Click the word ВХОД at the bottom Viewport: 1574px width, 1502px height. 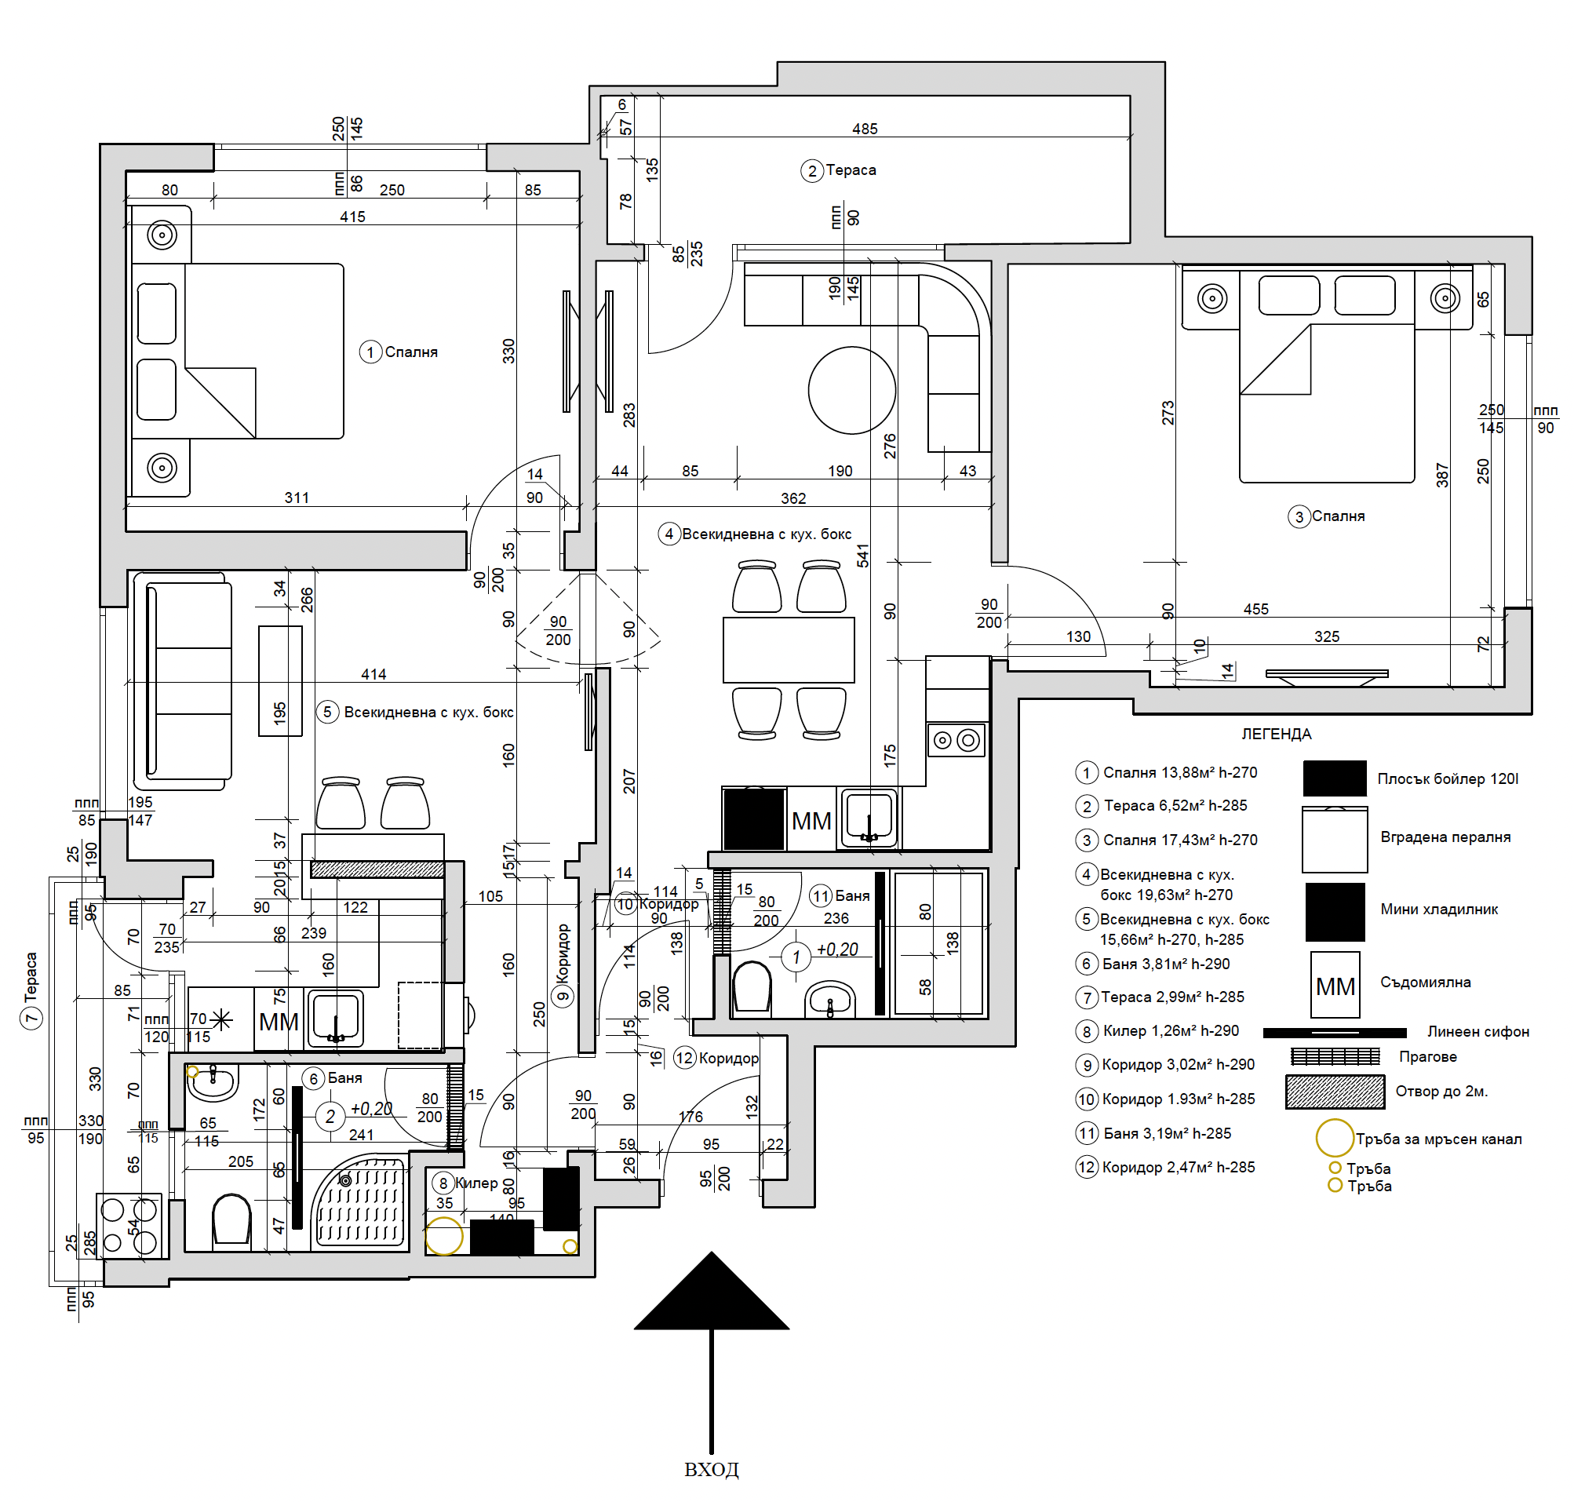coord(711,1469)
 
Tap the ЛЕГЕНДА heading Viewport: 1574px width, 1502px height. coord(1275,735)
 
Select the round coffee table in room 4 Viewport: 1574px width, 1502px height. coord(851,390)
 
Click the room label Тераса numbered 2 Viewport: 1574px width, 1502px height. coord(851,170)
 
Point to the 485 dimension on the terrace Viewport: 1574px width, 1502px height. coord(865,129)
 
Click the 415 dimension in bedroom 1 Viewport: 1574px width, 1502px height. coord(352,217)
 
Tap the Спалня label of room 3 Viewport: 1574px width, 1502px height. coord(1338,516)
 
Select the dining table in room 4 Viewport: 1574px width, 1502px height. coord(789,648)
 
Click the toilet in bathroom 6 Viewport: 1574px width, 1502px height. coord(231,1220)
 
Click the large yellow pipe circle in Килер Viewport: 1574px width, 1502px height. coord(443,1235)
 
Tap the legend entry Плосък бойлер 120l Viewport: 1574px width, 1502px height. coord(1448,778)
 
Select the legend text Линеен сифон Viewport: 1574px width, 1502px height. coord(1478,1032)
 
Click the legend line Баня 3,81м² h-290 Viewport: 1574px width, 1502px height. coord(1165,964)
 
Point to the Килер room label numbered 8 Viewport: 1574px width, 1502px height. coord(476,1183)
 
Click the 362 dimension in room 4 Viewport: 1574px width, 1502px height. coord(792,498)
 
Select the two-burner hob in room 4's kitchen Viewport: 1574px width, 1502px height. coord(955,741)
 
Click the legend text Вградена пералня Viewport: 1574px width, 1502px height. coord(1445,837)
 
